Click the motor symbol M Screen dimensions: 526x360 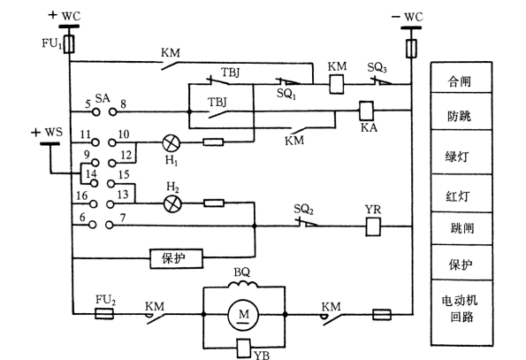[x=243, y=315]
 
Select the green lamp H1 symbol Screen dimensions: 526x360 [x=172, y=143]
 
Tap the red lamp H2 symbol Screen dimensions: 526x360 [x=172, y=203]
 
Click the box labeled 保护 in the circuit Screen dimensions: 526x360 [x=177, y=258]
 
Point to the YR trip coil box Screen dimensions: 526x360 [x=373, y=226]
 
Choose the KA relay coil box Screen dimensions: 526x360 [x=366, y=111]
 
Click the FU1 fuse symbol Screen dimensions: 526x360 [x=70, y=44]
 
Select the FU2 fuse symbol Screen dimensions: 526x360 [x=104, y=314]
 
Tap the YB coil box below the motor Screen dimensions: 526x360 [x=243, y=348]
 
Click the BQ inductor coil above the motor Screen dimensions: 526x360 [x=243, y=285]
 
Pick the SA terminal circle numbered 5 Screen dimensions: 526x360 [x=96, y=111]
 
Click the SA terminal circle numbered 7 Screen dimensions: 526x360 [x=110, y=225]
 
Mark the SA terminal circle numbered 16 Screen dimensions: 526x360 [x=93, y=204]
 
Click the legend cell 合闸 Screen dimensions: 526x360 [x=461, y=78]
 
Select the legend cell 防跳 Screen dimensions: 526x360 [x=461, y=111]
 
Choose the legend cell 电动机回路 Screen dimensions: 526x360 [x=461, y=312]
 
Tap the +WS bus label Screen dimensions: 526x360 [x=47, y=132]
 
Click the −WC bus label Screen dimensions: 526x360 [x=407, y=17]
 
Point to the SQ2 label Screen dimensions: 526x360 [x=303, y=210]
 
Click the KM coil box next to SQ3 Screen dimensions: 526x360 [x=337, y=84]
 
